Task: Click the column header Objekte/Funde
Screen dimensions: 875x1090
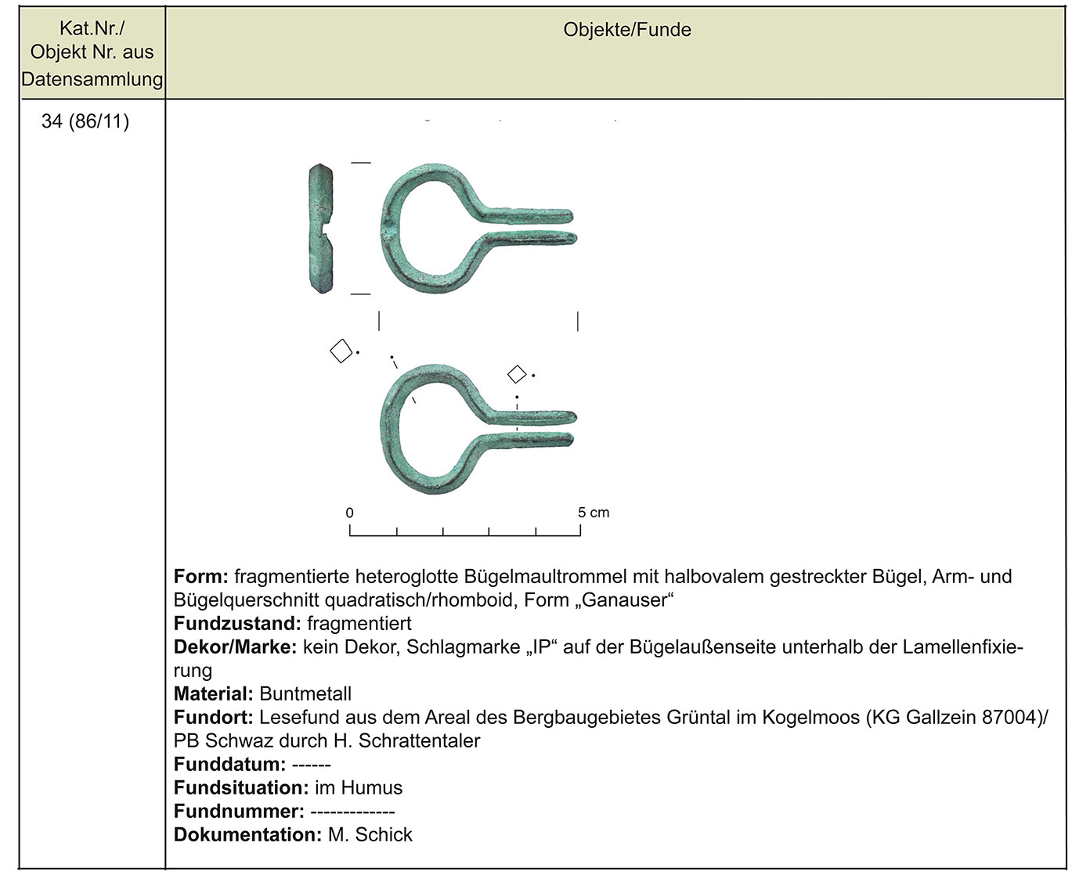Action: click(627, 31)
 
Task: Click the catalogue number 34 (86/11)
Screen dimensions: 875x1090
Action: click(85, 121)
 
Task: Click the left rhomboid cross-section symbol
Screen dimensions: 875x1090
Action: click(341, 351)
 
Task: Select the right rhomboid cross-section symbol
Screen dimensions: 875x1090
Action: click(517, 374)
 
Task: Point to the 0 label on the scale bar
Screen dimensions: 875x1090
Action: click(349, 513)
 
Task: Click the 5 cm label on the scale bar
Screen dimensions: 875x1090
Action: click(593, 513)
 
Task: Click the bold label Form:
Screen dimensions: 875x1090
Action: click(200, 577)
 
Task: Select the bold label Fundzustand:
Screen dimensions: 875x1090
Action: click(237, 624)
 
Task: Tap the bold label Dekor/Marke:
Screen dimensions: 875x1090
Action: click(235, 647)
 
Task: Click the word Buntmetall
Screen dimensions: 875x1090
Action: click(305, 694)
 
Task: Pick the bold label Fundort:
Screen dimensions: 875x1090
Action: click(213, 718)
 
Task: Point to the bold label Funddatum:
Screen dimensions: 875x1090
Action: click(229, 765)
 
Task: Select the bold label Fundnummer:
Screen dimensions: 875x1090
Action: click(239, 812)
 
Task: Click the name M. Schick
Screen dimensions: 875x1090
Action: click(370, 835)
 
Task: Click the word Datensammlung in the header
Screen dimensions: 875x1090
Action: click(92, 79)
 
